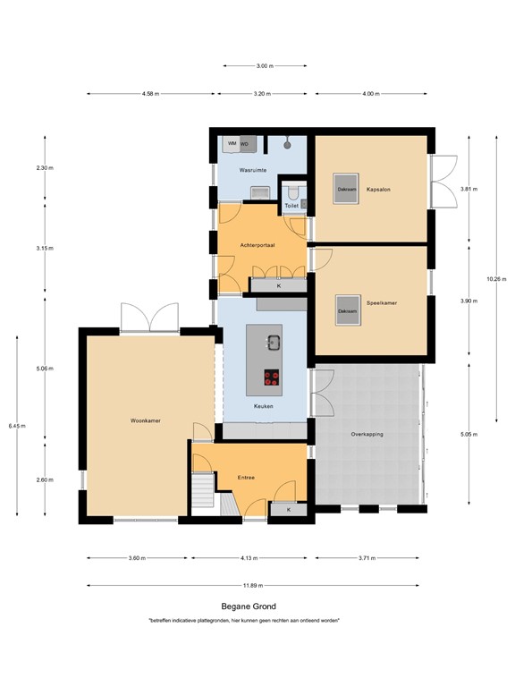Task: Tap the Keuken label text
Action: pyautogui.click(x=263, y=406)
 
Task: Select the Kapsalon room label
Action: pyautogui.click(x=378, y=190)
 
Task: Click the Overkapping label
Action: pyautogui.click(x=367, y=433)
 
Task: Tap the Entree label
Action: pyautogui.click(x=247, y=477)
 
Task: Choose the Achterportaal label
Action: pyautogui.click(x=257, y=244)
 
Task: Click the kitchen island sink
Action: pyautogui.click(x=273, y=340)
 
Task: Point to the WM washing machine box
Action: pyautogui.click(x=232, y=143)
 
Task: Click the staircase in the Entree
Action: pyautogui.click(x=205, y=494)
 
